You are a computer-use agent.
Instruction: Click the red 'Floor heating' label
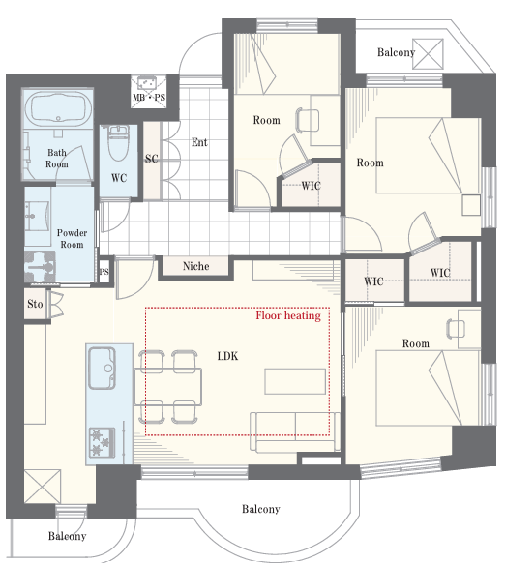pos(288,315)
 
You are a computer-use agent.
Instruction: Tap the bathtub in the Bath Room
pos(58,108)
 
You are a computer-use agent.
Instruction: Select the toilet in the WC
pos(118,143)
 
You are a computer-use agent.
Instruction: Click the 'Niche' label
pos(195,266)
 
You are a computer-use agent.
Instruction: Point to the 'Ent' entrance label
pos(199,142)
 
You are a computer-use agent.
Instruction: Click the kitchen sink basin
pos(102,368)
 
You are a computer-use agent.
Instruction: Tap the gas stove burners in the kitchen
pos(102,442)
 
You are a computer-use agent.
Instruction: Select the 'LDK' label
pos(227,356)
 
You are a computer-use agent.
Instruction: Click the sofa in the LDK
pos(295,432)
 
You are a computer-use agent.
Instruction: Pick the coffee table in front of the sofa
pos(295,381)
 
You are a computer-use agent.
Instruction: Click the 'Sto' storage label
pos(35,304)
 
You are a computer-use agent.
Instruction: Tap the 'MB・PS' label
pos(149,98)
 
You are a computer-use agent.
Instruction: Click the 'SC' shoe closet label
pos(152,159)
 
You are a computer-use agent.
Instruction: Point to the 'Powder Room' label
pos(72,238)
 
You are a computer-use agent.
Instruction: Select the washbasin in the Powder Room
pos(37,216)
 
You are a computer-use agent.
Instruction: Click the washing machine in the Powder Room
pos(40,267)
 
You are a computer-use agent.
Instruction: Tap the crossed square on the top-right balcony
pos(428,54)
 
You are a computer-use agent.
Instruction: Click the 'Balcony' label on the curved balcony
pos(261,509)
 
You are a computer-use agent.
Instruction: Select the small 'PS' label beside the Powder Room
pos(104,272)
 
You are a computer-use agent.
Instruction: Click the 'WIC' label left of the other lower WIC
pos(373,281)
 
